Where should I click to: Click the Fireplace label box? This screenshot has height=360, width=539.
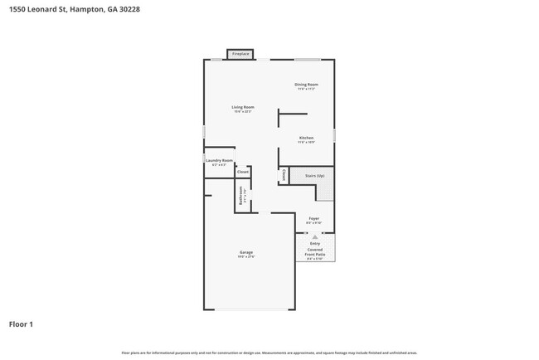[240, 54]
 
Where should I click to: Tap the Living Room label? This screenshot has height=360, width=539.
[242, 107]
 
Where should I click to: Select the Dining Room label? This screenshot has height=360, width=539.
[306, 85]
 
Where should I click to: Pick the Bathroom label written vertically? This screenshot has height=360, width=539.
[241, 197]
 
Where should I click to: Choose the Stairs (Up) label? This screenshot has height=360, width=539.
[314, 176]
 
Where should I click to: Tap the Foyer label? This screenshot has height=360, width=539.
[313, 219]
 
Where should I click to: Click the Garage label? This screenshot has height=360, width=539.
[246, 252]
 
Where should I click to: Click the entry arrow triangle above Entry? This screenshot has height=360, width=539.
[314, 236]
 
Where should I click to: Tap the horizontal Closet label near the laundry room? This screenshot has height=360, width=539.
[243, 172]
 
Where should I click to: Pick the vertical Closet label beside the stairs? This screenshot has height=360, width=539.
[284, 175]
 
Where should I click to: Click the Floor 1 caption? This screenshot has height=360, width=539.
[21, 324]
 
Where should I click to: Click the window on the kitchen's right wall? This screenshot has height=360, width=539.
[334, 134]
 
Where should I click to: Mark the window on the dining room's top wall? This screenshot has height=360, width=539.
[308, 59]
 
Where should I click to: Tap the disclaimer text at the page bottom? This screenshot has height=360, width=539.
[269, 353]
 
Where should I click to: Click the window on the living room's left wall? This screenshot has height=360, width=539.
[204, 132]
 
